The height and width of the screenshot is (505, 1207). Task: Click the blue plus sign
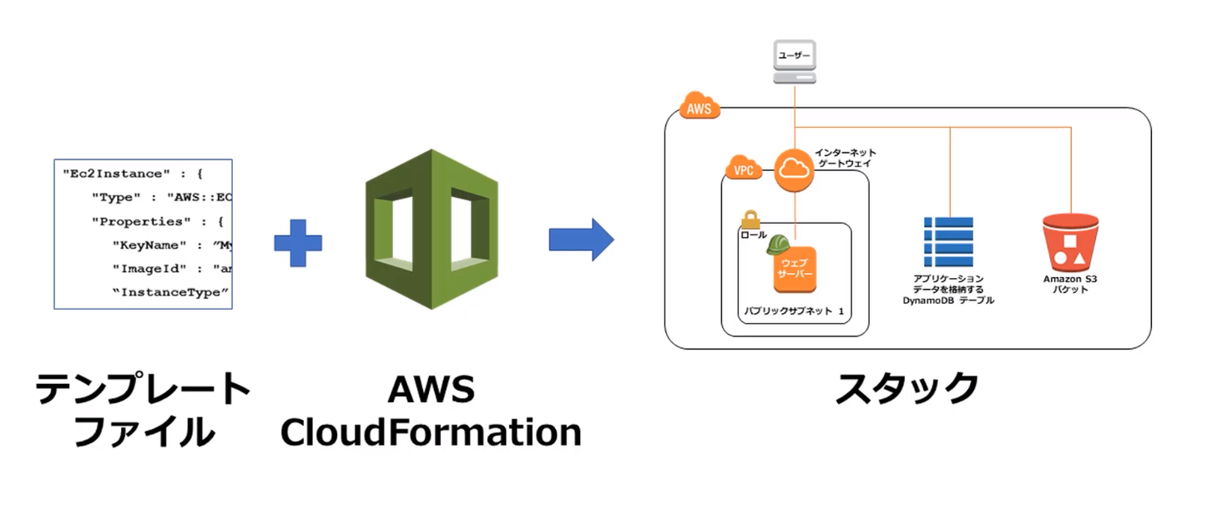click(298, 242)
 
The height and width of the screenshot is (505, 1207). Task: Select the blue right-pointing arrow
click(581, 240)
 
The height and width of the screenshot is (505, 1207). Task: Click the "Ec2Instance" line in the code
click(133, 174)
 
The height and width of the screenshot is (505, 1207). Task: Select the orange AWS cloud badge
click(698, 108)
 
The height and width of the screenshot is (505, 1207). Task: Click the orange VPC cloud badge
click(743, 169)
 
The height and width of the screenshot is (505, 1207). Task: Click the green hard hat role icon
click(778, 243)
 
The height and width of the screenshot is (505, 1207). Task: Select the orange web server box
click(795, 270)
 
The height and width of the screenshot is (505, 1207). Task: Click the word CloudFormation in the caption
click(431, 432)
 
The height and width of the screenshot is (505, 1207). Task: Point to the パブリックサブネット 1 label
click(794, 311)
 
